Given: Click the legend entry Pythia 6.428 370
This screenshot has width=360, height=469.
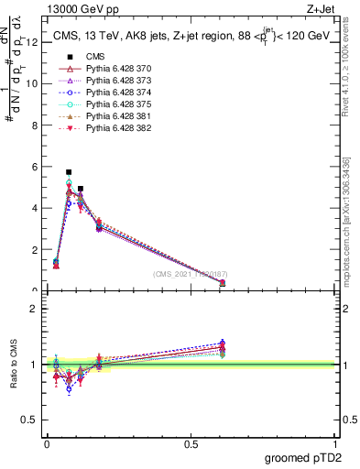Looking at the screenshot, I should (x=119, y=70).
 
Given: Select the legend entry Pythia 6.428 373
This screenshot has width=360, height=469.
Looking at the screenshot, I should (x=119, y=82).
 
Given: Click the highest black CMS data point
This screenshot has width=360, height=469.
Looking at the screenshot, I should (x=69, y=171).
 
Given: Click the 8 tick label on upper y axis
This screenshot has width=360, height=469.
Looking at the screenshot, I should (x=34, y=125).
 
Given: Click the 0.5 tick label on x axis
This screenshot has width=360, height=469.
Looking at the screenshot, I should (x=191, y=443).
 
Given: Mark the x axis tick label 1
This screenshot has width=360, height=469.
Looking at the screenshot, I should (x=335, y=443).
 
